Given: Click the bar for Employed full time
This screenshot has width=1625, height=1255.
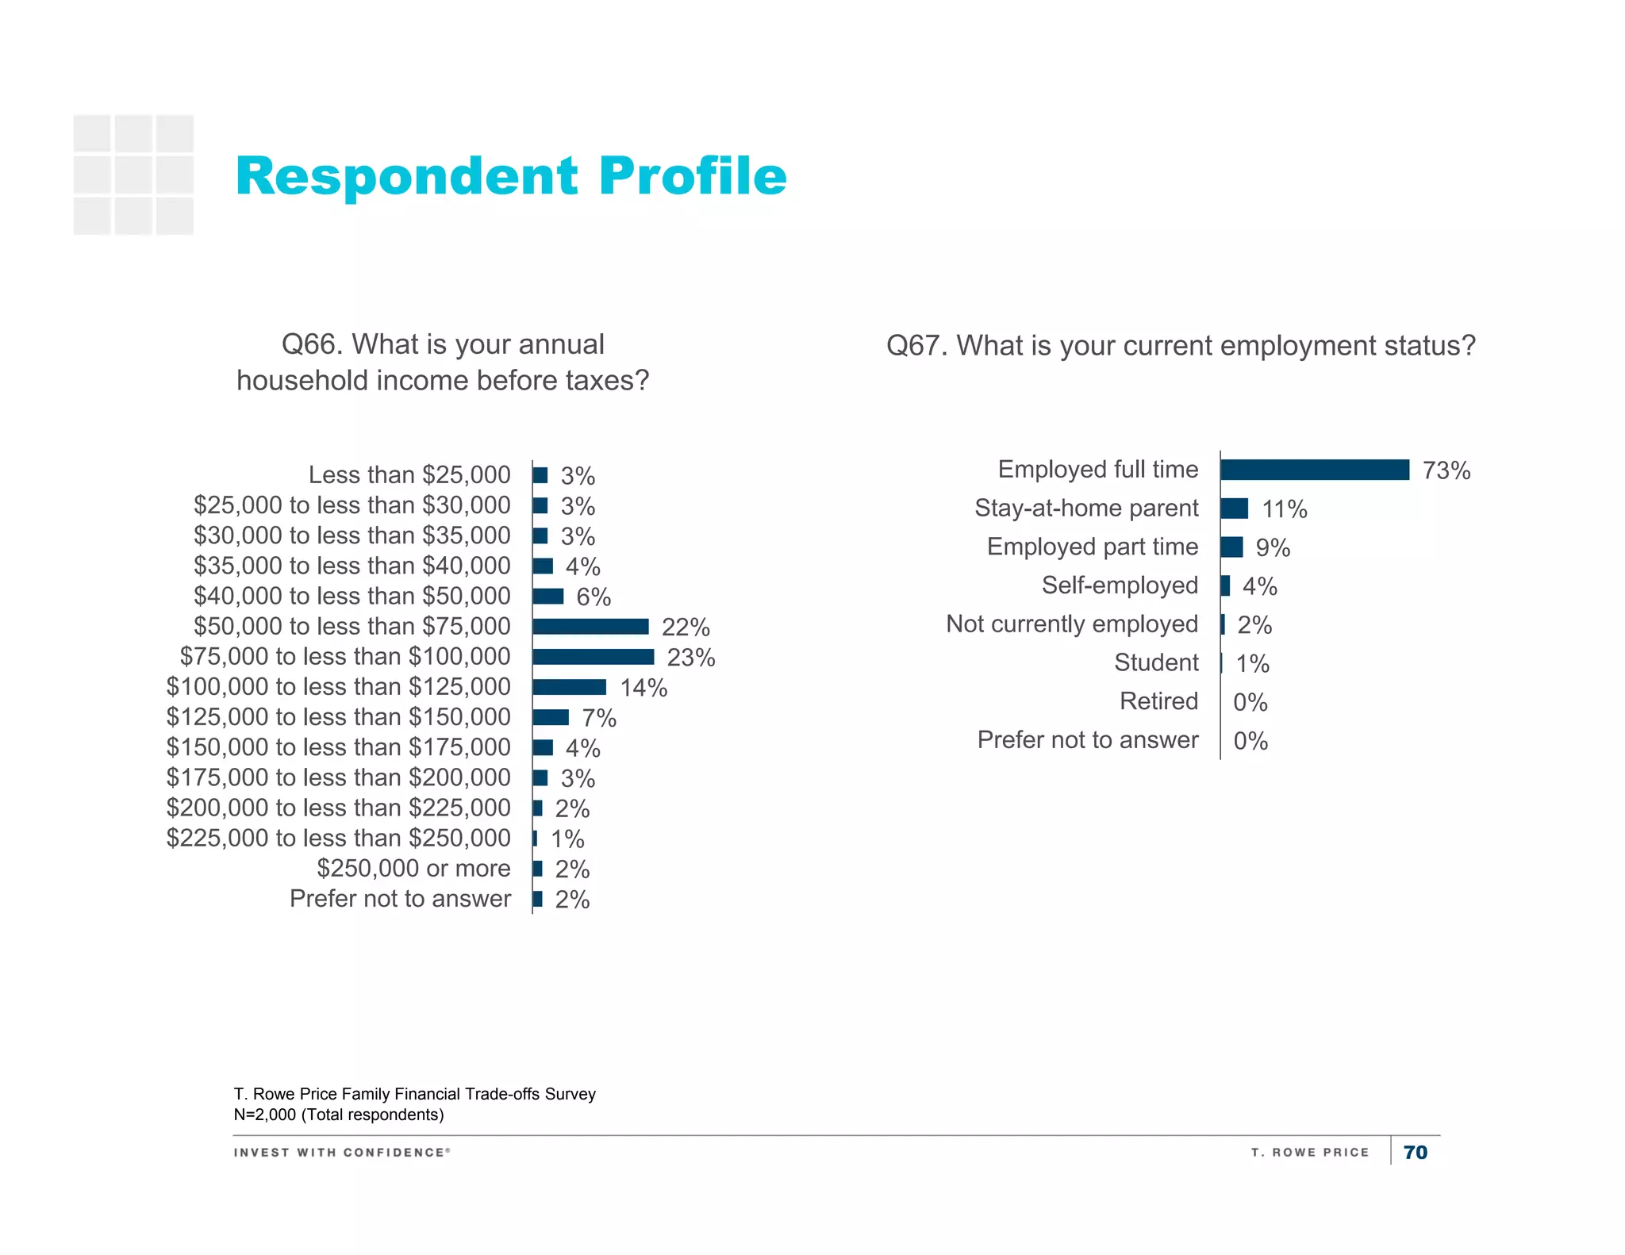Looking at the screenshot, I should pyautogui.click(x=1315, y=470).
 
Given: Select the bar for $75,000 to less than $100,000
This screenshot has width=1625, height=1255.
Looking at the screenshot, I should pyautogui.click(x=594, y=657).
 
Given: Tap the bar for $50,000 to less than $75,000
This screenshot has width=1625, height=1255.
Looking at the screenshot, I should pyautogui.click(x=591, y=627).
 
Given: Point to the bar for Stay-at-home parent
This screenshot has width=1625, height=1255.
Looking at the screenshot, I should pyautogui.click(x=1235, y=509).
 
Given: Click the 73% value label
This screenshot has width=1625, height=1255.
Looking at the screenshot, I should pyautogui.click(x=1446, y=470).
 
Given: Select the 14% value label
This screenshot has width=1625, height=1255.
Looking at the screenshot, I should pyautogui.click(x=643, y=688).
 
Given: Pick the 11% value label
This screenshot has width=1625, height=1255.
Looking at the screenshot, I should pyautogui.click(x=1285, y=509).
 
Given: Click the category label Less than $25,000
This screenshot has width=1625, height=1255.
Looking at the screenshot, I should pyautogui.click(x=409, y=474).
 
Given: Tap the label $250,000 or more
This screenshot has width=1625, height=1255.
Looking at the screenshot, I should pyautogui.click(x=413, y=868).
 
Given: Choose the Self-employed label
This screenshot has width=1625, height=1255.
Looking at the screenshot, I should pyautogui.click(x=1120, y=585).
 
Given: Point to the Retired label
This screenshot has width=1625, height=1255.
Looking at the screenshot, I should pyautogui.click(x=1158, y=701).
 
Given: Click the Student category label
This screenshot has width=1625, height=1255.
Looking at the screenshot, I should pyautogui.click(x=1156, y=662).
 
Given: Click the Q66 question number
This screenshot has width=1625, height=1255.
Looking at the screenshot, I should pyautogui.click(x=312, y=345).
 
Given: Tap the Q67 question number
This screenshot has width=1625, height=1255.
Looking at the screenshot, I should pyautogui.click(x=916, y=346).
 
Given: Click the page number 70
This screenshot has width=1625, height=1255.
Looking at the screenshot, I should pyautogui.click(x=1416, y=1152).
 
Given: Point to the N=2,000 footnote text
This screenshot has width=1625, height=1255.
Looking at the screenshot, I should pyautogui.click(x=339, y=1115).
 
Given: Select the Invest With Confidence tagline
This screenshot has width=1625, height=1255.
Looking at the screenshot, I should pyautogui.click(x=342, y=1152).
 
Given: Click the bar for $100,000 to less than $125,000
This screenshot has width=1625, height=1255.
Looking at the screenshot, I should pyautogui.click(x=570, y=687).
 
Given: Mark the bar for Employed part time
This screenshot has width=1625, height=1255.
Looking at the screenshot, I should pyautogui.click(x=1232, y=547).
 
